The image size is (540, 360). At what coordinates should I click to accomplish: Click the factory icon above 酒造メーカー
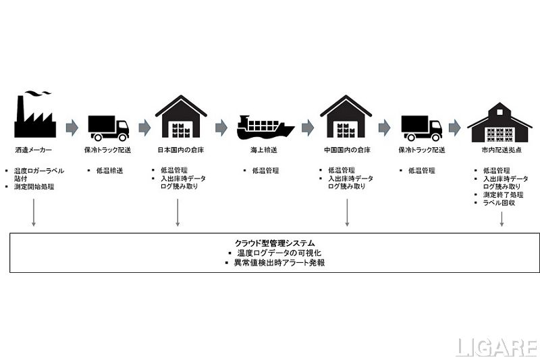33,116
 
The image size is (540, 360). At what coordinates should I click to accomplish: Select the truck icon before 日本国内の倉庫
108,127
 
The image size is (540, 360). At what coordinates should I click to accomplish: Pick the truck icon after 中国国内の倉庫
421,127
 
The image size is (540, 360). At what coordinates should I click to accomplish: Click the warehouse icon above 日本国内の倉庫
180,118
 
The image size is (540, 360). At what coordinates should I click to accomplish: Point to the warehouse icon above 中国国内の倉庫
346,118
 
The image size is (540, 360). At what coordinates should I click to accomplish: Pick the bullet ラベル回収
500,203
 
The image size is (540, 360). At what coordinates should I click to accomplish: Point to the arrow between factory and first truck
71,127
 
